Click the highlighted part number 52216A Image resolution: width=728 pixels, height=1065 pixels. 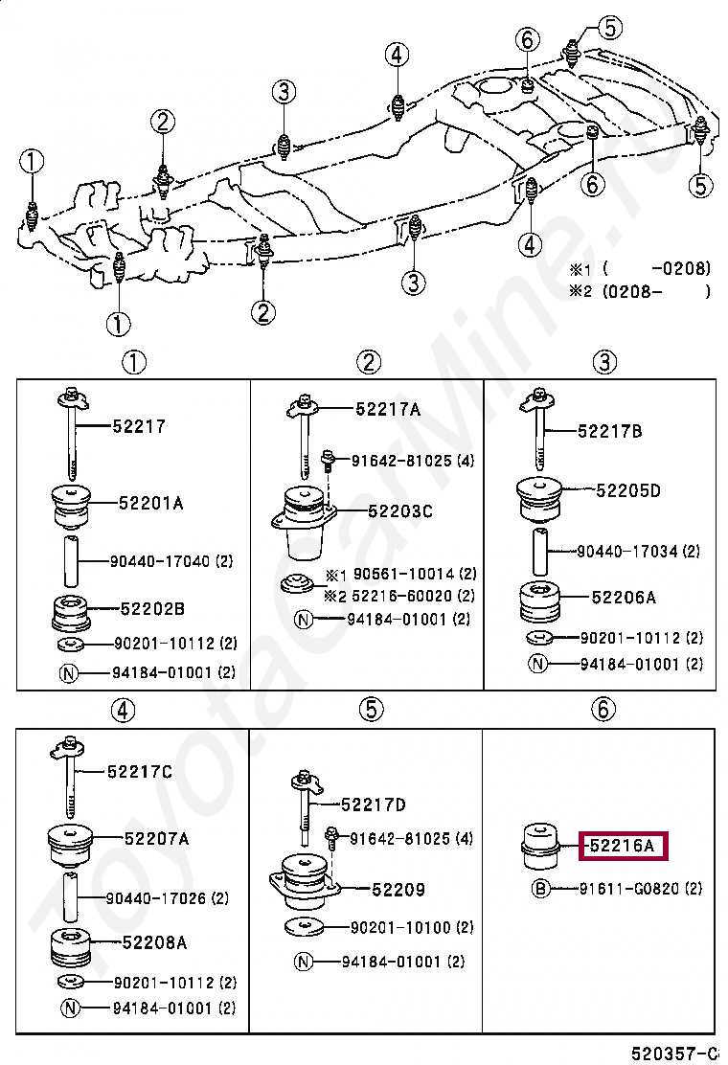pyautogui.click(x=622, y=847)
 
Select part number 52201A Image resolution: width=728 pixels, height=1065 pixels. pyautogui.click(x=150, y=502)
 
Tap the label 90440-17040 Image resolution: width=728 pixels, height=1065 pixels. pyautogui.click(x=157, y=561)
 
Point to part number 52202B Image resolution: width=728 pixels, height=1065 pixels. pyautogui.click(x=151, y=608)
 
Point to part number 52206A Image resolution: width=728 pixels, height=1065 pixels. pyautogui.click(x=624, y=598)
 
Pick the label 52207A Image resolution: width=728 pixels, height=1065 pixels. pyautogui.click(x=155, y=839)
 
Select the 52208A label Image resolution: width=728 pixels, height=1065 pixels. pyautogui.click(x=154, y=943)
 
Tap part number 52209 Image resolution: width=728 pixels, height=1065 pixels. pyautogui.click(x=398, y=890)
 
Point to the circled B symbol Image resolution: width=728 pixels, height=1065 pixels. pyautogui.click(x=541, y=889)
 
